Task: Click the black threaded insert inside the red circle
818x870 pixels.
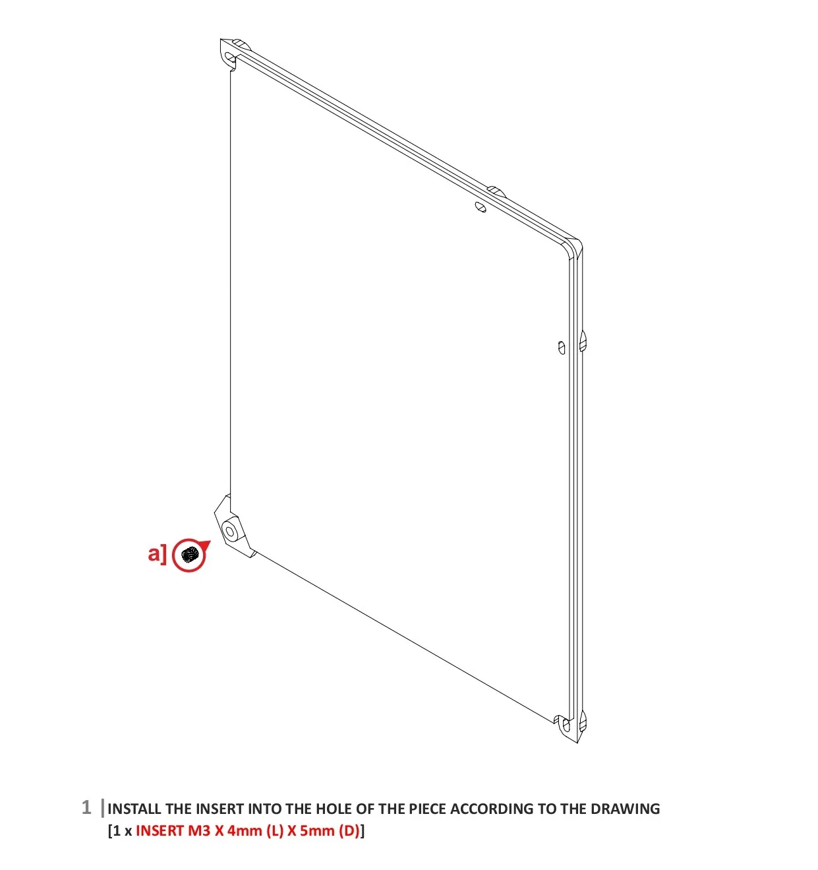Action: click(189, 555)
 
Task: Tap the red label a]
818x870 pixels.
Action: click(157, 554)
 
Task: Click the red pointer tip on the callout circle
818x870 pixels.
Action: click(210, 542)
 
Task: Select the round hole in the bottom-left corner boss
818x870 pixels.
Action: click(229, 532)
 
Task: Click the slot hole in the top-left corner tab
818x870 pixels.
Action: click(230, 57)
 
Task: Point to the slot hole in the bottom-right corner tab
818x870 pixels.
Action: click(566, 726)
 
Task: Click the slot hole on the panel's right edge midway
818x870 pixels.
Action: click(562, 348)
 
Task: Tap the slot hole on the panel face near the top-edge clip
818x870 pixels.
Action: click(481, 207)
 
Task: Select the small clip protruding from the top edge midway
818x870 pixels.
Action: click(496, 191)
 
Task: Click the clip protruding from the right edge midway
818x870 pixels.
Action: click(583, 340)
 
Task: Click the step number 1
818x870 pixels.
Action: click(86, 807)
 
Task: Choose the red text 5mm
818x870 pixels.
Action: click(317, 830)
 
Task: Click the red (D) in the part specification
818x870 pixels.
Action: click(349, 831)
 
